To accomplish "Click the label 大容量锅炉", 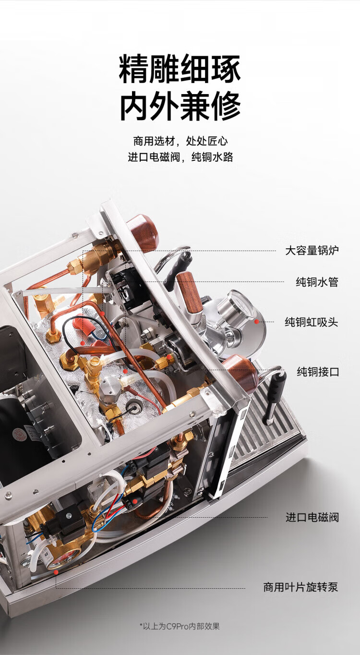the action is (x=312, y=251).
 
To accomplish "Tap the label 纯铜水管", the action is (x=317, y=282).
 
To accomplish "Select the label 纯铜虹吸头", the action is (x=312, y=322).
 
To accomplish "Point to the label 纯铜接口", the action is (x=318, y=372).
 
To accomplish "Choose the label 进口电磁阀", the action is (x=312, y=517).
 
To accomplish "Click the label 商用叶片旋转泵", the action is (x=300, y=587).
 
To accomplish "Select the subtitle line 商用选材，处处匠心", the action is (x=180, y=141).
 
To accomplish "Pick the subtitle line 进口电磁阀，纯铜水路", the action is (x=180, y=157).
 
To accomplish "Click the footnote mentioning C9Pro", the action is (x=180, y=626).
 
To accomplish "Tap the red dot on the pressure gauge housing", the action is (x=256, y=322).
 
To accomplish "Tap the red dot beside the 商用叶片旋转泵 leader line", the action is (x=56, y=572).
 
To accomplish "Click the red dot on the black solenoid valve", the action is (x=135, y=501).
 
